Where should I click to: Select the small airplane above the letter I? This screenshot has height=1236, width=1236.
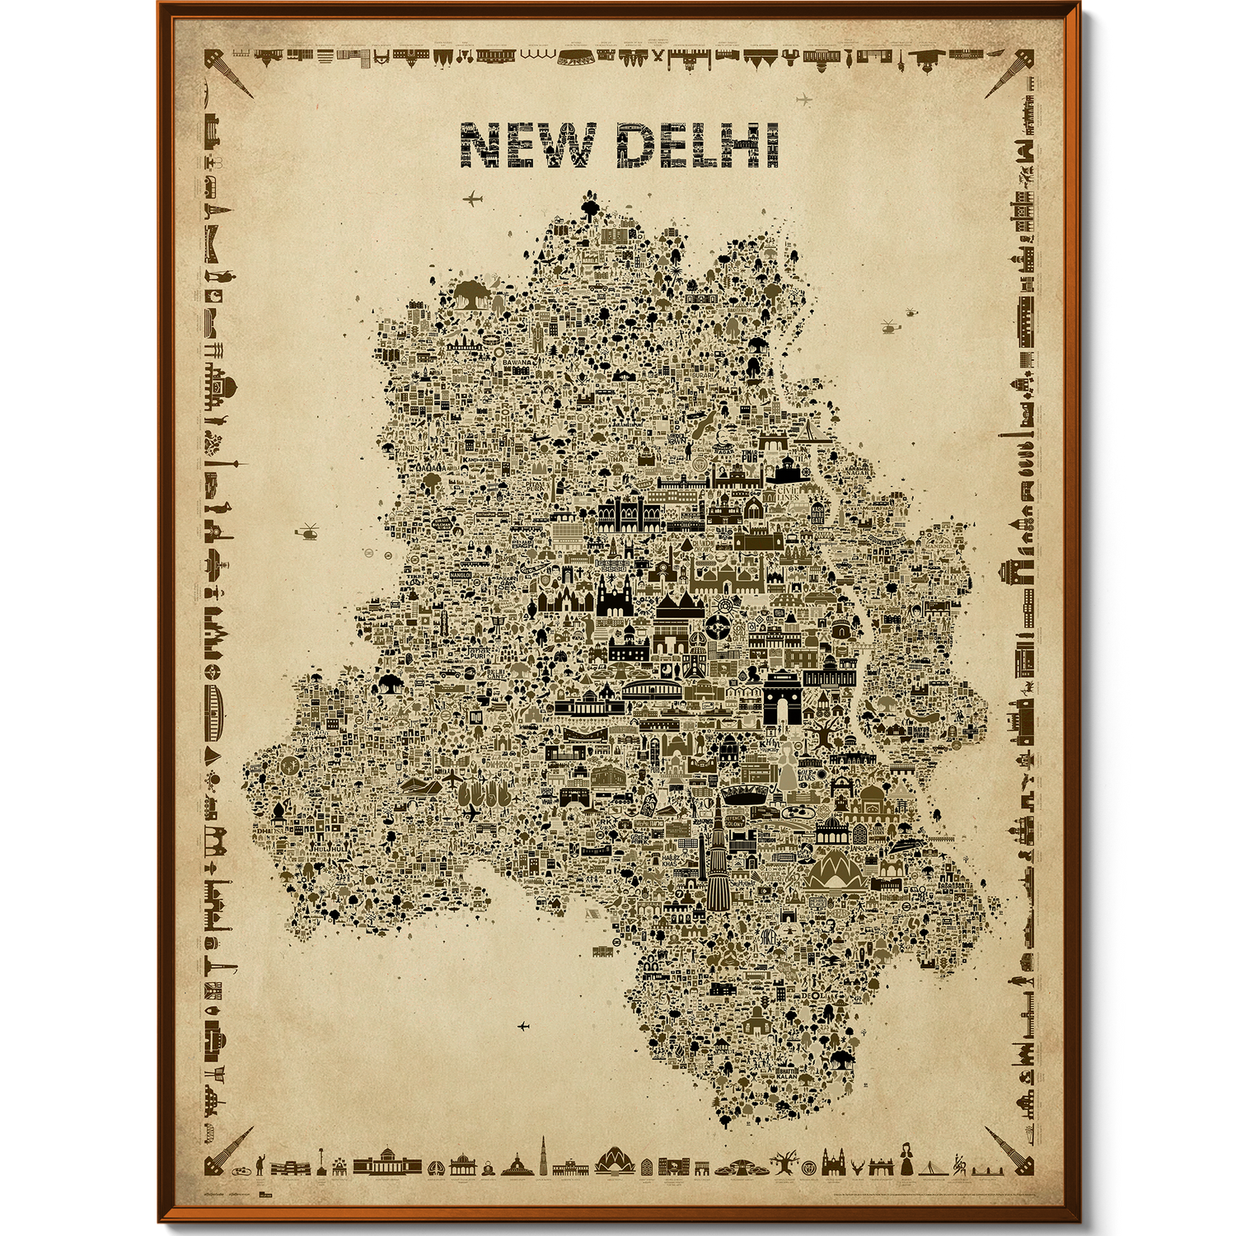point(804,101)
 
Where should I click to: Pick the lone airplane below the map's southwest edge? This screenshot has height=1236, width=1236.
point(522,1026)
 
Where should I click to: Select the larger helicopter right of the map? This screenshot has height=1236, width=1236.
point(888,326)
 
